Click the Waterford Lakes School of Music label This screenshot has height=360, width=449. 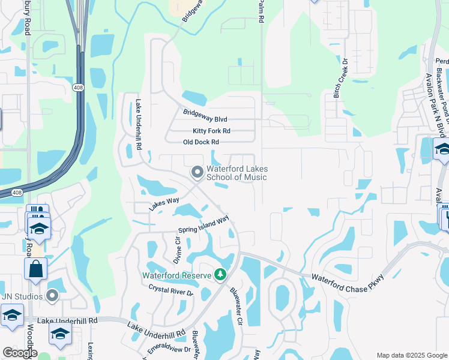click(x=237, y=173)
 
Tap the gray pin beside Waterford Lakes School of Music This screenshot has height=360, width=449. click(x=197, y=173)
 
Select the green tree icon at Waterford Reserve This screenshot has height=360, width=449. click(x=221, y=275)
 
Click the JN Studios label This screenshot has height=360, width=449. click(x=22, y=295)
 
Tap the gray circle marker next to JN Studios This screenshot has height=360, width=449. click(x=53, y=295)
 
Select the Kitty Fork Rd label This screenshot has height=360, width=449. click(x=211, y=131)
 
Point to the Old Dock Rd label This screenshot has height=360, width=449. click(x=200, y=142)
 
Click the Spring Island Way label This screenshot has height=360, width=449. click(x=203, y=226)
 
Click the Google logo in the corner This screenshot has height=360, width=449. click(x=20, y=353)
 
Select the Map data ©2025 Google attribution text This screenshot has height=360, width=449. click(x=411, y=355)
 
